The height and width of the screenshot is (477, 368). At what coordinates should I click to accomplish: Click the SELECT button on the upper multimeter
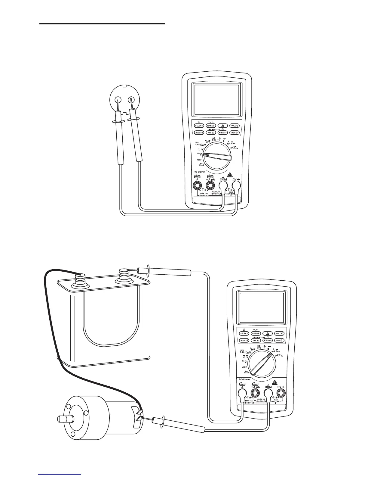point(199,126)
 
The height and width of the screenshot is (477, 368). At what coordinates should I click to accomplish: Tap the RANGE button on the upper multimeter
point(211,126)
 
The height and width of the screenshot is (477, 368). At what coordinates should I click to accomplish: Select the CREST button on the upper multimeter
point(199,132)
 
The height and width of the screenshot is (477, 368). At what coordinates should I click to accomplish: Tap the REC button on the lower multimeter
point(279,340)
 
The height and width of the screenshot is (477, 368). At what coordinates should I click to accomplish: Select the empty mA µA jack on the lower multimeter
point(255,392)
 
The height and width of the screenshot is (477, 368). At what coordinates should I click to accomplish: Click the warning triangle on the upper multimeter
point(230,174)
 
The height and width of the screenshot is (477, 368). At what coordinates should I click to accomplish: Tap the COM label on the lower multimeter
point(268,387)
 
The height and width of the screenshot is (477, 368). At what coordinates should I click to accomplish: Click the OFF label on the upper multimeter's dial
point(200,160)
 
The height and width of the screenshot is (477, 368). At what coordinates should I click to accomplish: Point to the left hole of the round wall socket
point(117,100)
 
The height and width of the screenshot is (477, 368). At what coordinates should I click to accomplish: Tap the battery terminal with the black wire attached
point(80,275)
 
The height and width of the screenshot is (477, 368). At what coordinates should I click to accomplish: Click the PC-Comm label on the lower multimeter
point(244,379)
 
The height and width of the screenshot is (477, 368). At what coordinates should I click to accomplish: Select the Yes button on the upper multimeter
point(211,132)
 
